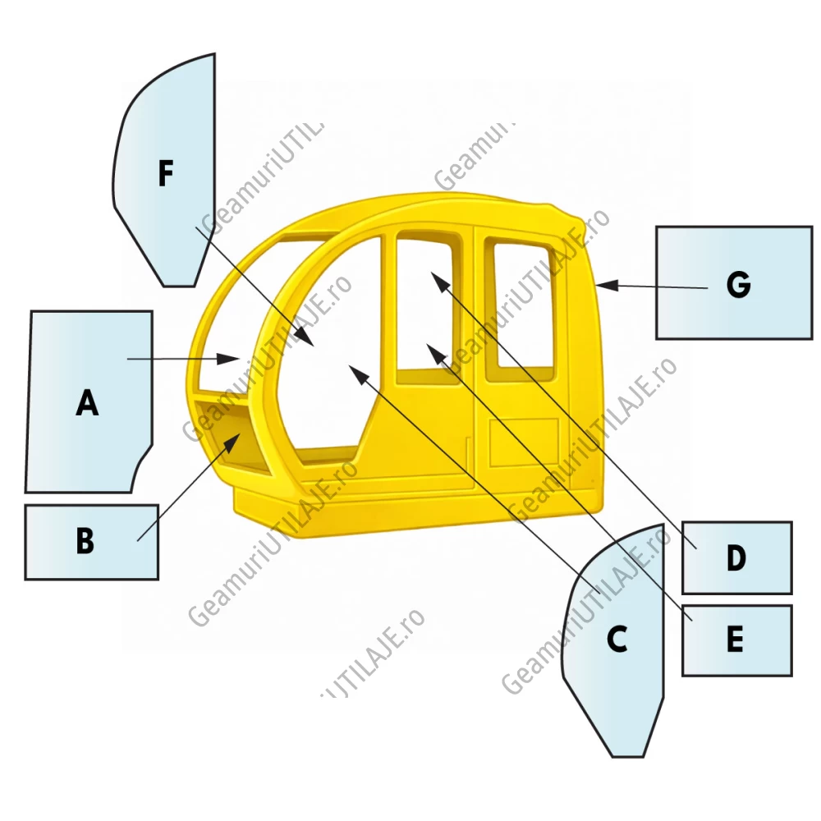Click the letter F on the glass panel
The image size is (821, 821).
166,174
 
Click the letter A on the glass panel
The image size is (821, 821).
87,402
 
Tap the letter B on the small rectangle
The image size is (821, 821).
85,540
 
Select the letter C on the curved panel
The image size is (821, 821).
617,639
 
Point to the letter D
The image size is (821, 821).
736,557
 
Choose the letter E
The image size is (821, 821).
735,639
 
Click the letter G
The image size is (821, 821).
738,286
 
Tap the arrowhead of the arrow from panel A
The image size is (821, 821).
228,359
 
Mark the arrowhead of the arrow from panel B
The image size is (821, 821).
233,443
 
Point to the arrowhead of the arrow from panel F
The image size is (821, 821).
305,337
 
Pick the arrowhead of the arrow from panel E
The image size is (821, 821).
437,353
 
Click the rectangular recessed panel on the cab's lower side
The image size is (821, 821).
524,443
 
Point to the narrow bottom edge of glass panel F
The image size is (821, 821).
180,287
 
